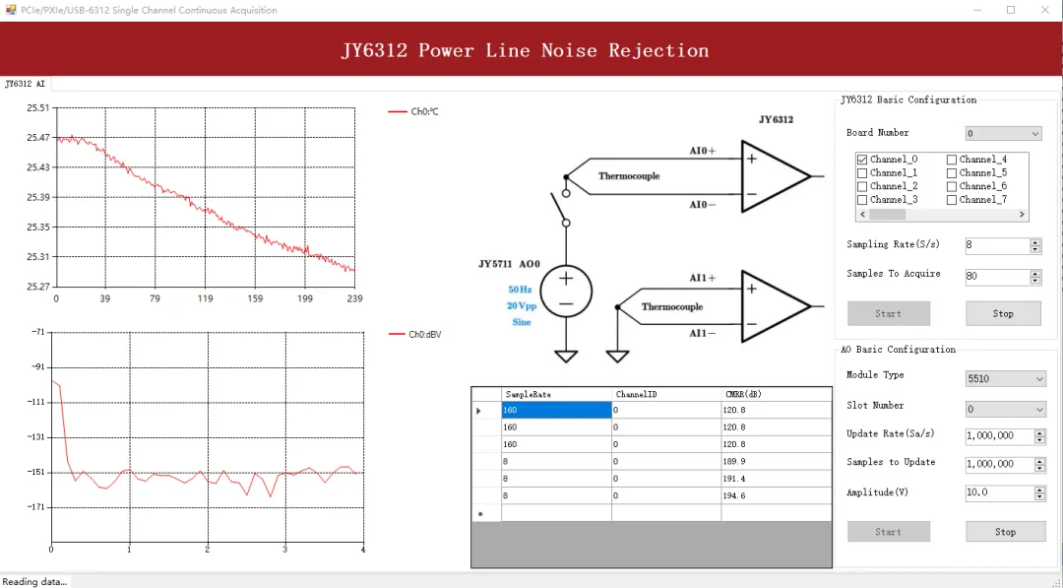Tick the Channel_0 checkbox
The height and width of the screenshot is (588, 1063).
point(862,160)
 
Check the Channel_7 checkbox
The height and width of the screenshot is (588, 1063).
point(952,200)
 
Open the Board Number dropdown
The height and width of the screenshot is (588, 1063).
point(1003,134)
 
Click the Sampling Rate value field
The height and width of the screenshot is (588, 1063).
point(997,246)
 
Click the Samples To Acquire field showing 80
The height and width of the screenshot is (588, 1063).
point(997,277)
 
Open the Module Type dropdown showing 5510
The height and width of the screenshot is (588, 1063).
point(1005,379)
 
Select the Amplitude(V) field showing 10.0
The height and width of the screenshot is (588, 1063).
point(997,492)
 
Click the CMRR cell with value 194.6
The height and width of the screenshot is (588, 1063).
point(776,496)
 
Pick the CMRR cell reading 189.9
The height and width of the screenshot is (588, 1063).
point(776,461)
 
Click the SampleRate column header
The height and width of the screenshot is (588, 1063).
point(555,394)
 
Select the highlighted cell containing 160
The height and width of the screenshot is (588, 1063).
point(555,411)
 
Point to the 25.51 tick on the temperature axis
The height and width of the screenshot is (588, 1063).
point(37,108)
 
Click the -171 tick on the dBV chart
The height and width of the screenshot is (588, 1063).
point(37,507)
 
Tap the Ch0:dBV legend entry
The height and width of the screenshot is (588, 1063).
point(424,335)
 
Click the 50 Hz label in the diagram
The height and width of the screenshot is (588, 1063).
point(520,290)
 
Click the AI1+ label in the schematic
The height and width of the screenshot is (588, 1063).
point(702,279)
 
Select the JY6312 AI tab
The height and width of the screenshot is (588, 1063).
point(26,85)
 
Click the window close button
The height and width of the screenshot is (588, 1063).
point(1044,10)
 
